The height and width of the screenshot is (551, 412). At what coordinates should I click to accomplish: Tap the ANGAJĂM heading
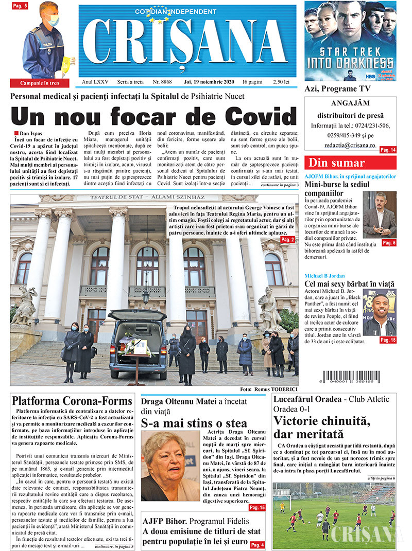(x=350, y=103)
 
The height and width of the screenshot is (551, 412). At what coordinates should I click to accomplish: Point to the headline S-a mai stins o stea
(x=194, y=423)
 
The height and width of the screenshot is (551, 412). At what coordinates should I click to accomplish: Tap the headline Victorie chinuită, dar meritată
(x=321, y=427)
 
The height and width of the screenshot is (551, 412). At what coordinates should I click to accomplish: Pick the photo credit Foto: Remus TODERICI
(x=268, y=389)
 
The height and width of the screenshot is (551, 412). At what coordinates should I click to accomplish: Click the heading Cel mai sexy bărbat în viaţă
(x=349, y=284)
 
